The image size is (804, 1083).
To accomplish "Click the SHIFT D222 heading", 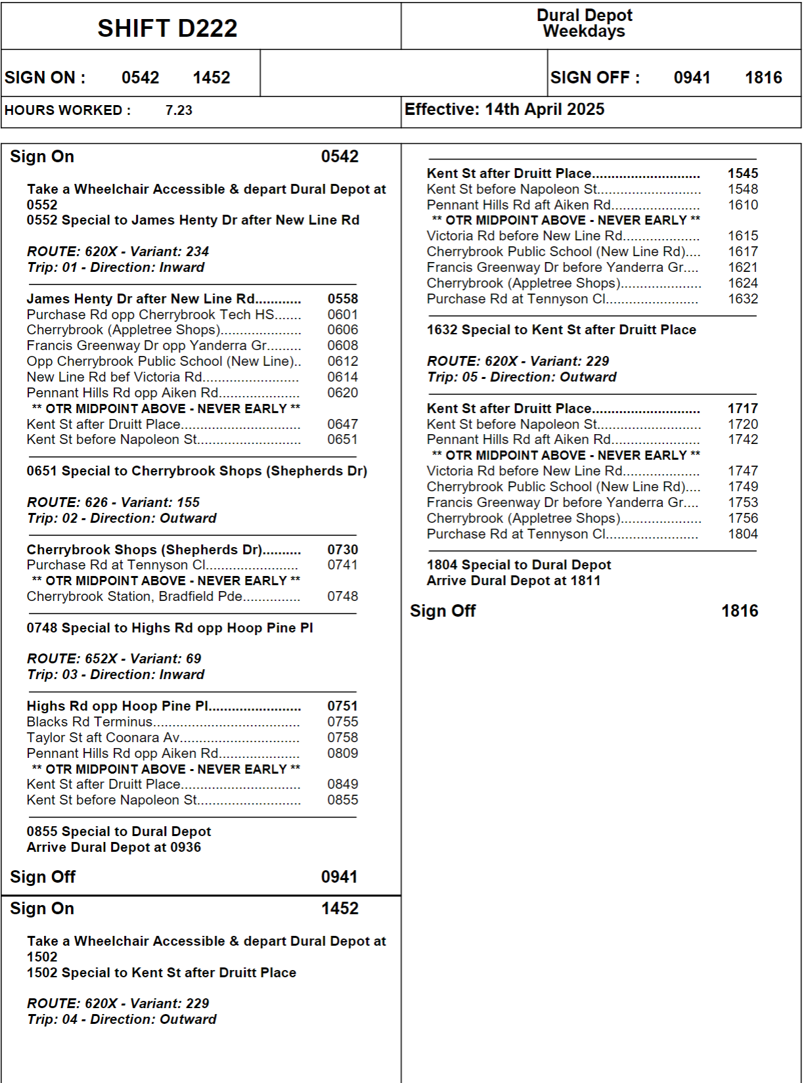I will [x=167, y=28].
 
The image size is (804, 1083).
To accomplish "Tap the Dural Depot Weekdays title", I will [x=584, y=23].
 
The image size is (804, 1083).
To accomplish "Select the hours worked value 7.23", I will [x=179, y=110].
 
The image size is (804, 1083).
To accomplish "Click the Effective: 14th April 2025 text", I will [x=504, y=109].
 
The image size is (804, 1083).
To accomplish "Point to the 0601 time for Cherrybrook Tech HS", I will [x=342, y=315].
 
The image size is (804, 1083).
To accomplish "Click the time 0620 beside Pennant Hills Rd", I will [x=342, y=393].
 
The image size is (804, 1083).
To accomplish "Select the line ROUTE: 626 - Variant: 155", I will [x=113, y=502].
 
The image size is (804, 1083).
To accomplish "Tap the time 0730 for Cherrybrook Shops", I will [x=342, y=550].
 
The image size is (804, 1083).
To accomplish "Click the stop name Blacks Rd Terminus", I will [x=89, y=722].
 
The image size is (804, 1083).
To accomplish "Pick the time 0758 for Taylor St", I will [x=342, y=738].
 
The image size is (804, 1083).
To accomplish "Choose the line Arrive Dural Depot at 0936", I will [x=114, y=847].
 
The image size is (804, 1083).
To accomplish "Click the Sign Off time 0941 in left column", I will [x=339, y=877].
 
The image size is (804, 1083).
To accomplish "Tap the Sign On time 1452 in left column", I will [x=340, y=908].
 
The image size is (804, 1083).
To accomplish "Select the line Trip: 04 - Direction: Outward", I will [x=122, y=1019].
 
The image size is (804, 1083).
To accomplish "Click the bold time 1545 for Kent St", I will [x=742, y=173].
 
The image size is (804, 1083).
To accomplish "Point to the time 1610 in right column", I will [x=742, y=205].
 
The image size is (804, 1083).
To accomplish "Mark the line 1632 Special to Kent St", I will [x=561, y=330].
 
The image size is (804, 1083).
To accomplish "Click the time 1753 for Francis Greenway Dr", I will [x=742, y=502].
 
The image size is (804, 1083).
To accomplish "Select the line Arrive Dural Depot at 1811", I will [x=513, y=581].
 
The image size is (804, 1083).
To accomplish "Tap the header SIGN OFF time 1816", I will [x=763, y=77].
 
